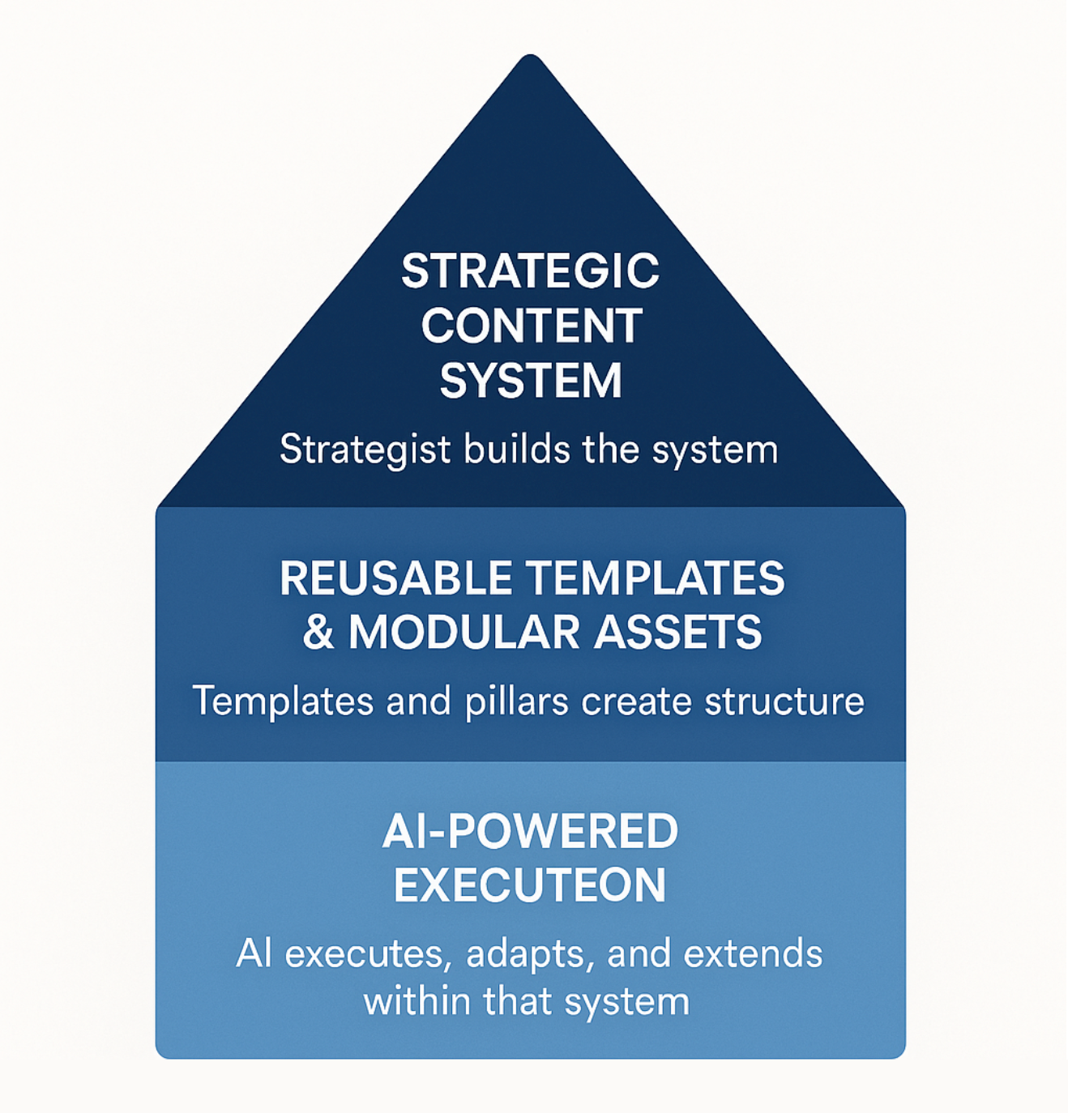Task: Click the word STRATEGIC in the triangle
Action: click(x=530, y=271)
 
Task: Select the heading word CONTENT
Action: click(x=532, y=326)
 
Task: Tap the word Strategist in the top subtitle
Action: click(x=364, y=449)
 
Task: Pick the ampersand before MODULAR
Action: click(x=318, y=632)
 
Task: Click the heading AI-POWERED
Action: click(x=530, y=831)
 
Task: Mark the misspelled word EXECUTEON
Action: click(x=530, y=885)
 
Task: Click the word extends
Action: click(x=753, y=953)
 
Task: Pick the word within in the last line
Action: click(x=417, y=1001)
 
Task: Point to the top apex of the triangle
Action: click(x=530, y=58)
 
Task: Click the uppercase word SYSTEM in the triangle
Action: click(x=531, y=381)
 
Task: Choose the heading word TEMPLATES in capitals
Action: click(x=656, y=578)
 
